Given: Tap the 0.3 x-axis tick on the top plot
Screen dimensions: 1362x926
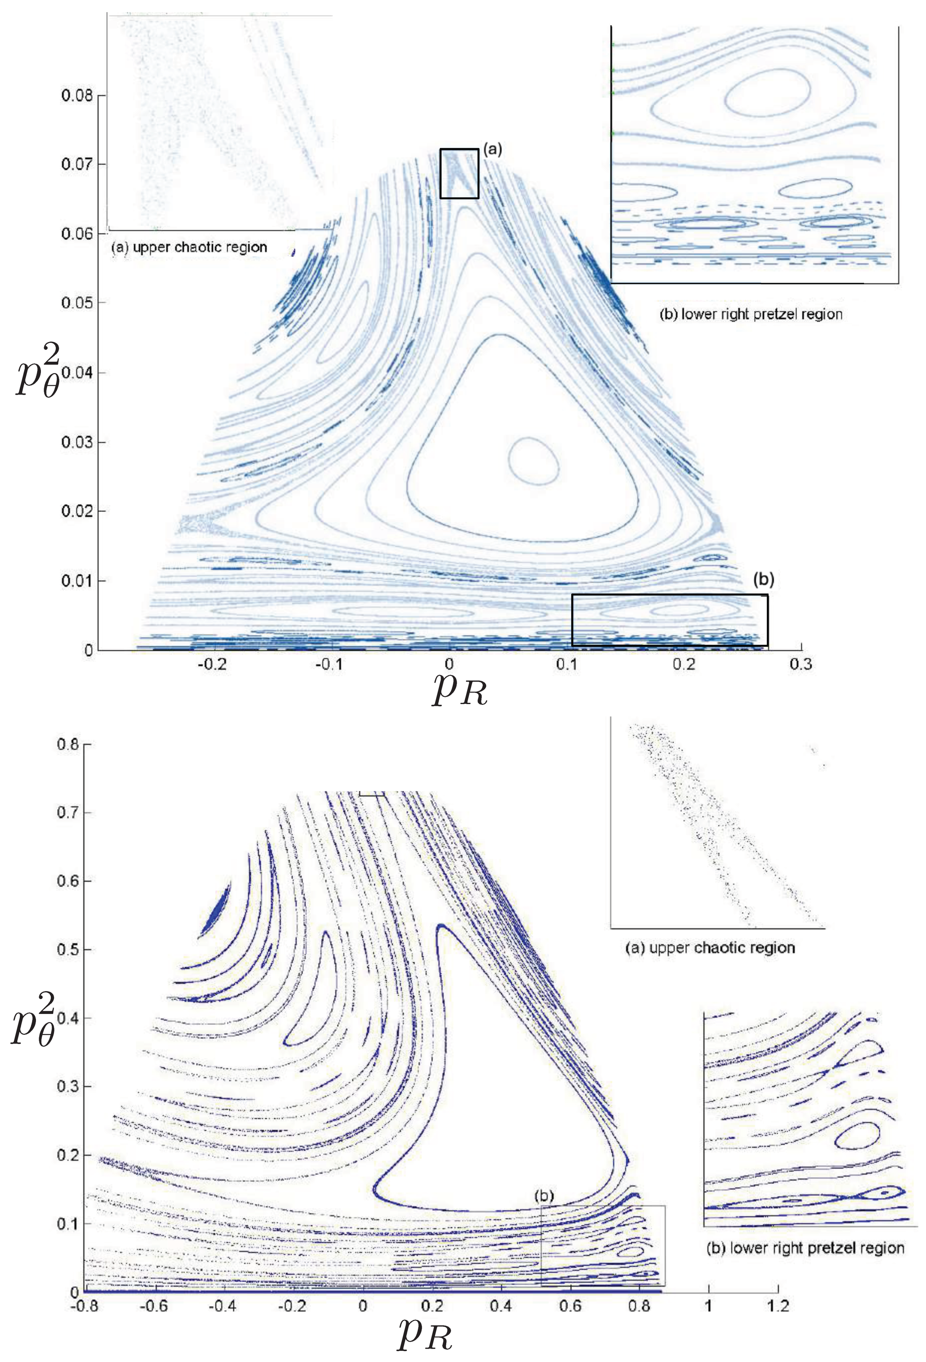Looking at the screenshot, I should (x=801, y=665).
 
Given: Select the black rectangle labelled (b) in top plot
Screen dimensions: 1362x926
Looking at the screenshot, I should (x=669, y=620).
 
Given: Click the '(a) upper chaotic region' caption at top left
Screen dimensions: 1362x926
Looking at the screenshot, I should (x=189, y=247).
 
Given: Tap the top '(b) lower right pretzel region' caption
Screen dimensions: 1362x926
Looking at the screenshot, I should (x=751, y=314).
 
